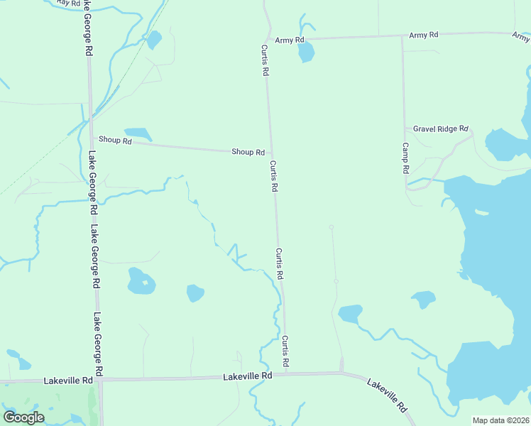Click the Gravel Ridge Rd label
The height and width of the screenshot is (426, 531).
tap(441, 129)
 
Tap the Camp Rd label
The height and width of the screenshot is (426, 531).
tap(405, 158)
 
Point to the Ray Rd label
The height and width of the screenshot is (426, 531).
tap(68, 4)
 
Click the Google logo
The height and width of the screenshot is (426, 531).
tap(23, 417)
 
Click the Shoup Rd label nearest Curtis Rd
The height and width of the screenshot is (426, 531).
tap(248, 152)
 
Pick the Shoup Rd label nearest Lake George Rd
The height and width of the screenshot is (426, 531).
tap(115, 141)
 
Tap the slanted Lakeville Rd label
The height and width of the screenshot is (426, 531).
tap(388, 395)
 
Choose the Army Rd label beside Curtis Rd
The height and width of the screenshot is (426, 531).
tap(289, 40)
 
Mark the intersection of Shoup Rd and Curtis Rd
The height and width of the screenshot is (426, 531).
tap(270, 152)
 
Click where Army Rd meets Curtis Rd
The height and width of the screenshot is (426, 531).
tap(267, 39)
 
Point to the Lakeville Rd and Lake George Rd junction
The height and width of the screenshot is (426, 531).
tap(100, 379)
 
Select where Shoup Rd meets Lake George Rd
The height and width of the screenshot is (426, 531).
tap(91, 139)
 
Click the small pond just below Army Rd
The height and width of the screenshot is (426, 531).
tap(306, 52)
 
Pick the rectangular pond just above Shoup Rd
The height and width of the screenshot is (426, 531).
tap(138, 133)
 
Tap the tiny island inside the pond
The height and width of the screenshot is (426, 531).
tap(143, 283)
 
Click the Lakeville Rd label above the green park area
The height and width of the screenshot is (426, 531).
tap(68, 381)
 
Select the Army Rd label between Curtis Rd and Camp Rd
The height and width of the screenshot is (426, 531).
tap(424, 35)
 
